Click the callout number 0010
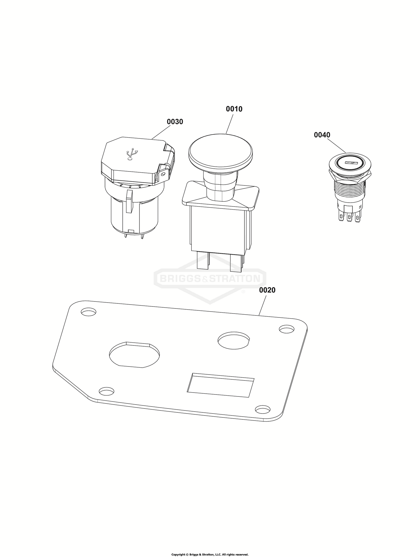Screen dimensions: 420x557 pyautogui.click(x=234, y=109)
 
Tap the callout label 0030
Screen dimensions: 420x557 pyautogui.click(x=175, y=122)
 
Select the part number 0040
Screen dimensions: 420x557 pyautogui.click(x=322, y=135)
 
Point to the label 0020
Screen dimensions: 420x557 pyautogui.click(x=267, y=290)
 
